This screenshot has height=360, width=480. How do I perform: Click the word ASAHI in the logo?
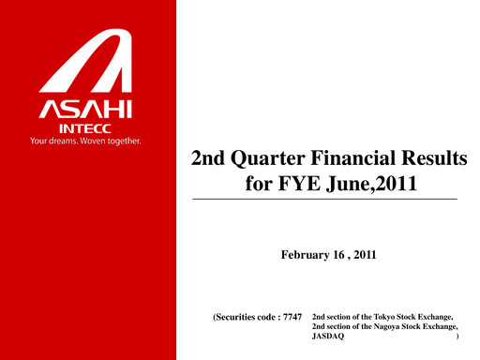[88, 110]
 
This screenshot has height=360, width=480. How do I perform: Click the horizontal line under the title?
[324, 201]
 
